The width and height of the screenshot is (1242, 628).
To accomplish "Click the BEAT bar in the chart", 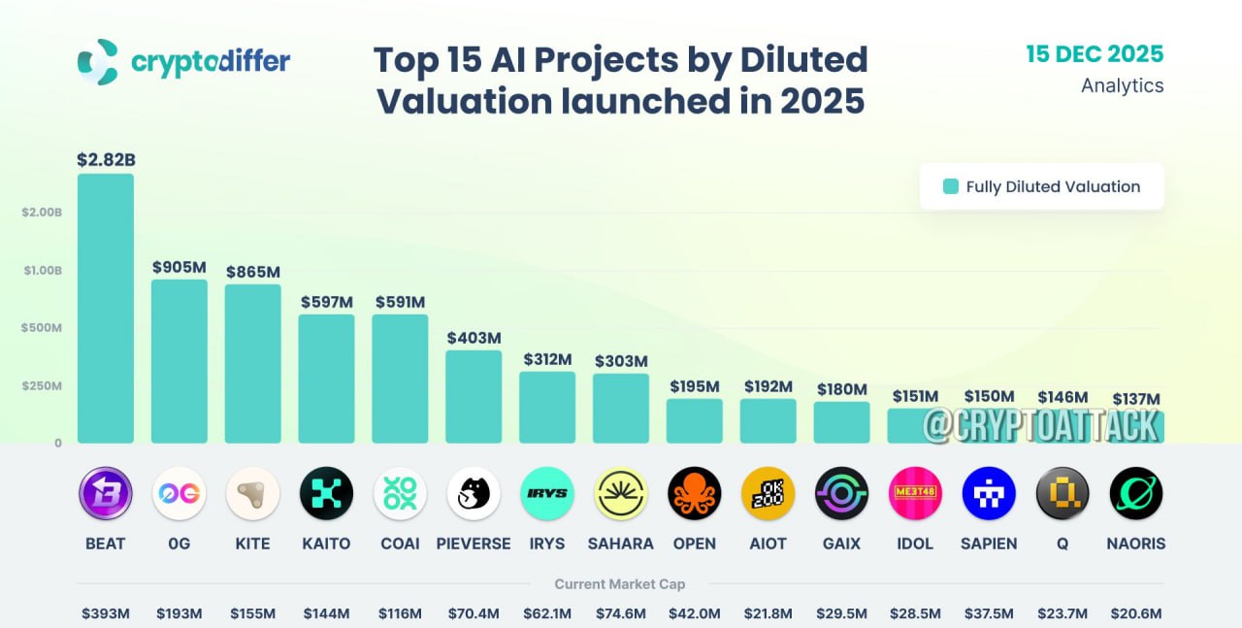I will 105,309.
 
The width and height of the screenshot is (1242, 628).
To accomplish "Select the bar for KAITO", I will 326,379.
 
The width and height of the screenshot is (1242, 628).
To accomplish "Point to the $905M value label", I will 179,267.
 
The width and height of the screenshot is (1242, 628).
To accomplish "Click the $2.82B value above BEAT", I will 105,160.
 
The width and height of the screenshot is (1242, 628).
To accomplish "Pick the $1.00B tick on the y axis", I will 43,270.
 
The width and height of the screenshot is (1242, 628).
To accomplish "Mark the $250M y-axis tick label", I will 43,385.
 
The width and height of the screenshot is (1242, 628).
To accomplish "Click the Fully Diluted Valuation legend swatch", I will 951,186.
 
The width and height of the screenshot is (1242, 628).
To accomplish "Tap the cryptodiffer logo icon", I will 98,61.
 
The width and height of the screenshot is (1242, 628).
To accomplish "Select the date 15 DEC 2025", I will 1095,53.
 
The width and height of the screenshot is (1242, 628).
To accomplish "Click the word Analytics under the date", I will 1122,85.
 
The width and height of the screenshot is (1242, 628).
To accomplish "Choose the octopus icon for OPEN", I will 694,493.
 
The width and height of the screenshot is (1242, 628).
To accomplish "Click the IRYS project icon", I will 547,493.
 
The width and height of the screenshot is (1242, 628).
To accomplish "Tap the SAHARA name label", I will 621,544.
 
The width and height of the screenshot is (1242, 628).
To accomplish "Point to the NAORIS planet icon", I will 1135,493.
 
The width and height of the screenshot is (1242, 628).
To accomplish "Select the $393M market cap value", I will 105,613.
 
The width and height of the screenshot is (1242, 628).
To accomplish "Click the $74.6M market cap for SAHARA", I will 621,613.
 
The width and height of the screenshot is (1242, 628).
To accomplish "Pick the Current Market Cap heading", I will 619,584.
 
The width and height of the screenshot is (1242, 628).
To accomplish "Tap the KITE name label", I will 252,544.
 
